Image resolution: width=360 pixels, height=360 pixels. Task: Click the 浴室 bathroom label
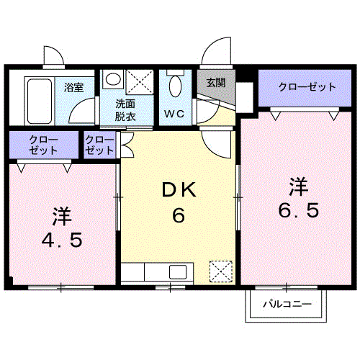pyautogui.click(x=73, y=88)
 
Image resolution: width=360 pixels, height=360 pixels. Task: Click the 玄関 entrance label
pyautogui.click(x=215, y=82)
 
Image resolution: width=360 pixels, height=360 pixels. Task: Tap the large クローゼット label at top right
pyautogui.click(x=307, y=87)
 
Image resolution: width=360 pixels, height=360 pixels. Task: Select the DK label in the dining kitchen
pyautogui.click(x=179, y=190)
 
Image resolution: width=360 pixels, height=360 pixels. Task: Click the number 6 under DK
pyautogui.click(x=179, y=215)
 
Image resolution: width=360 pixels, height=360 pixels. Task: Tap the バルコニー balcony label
pyautogui.click(x=287, y=305)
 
